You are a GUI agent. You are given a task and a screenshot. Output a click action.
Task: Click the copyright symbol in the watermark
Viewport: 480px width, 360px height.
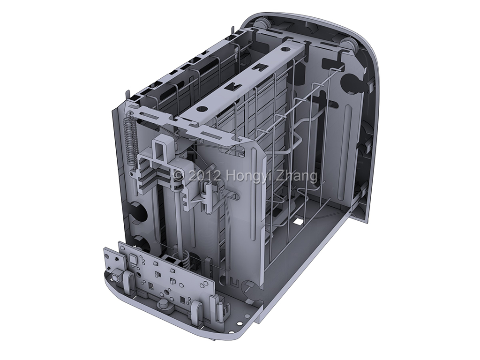(x=179, y=176)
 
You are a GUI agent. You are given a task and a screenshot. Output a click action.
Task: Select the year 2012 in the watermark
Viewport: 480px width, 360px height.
(x=203, y=176)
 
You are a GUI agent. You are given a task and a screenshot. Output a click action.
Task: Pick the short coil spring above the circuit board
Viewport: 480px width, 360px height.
(x=186, y=258)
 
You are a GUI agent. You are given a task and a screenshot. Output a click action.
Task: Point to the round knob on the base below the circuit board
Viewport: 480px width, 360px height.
(x=163, y=305)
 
